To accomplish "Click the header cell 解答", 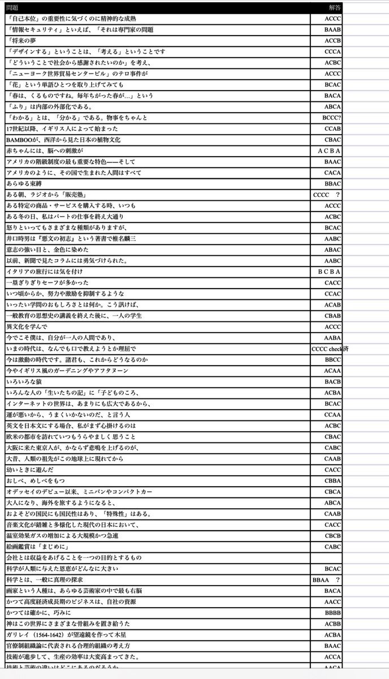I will point(335,8).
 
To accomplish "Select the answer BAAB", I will point(332,29).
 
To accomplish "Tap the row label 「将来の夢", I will point(23,41).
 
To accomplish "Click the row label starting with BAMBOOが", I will point(63,139).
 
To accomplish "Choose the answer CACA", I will point(332,173).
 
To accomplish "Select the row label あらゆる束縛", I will point(22,184).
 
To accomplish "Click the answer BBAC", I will point(332,184).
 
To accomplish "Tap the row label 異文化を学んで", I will point(27,326).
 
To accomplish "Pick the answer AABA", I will point(332,338).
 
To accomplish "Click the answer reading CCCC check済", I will point(330,349).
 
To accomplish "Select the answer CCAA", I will point(332,415).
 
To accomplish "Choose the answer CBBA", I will point(332,481).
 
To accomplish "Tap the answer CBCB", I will point(332,536).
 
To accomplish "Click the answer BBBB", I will point(332,613).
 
